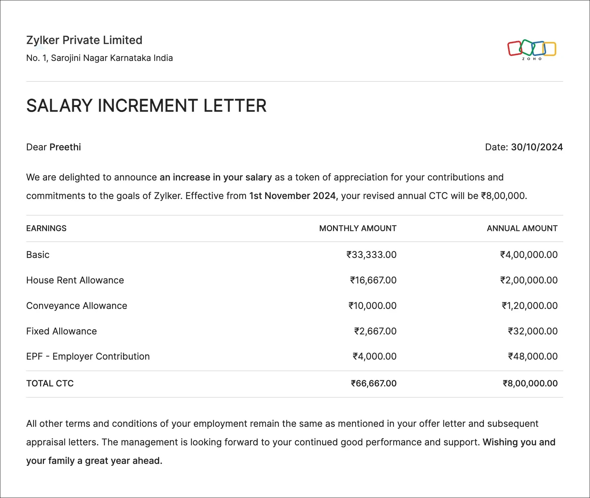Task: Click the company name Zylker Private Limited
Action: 84,40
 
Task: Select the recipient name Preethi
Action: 65,147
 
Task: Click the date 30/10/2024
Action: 537,147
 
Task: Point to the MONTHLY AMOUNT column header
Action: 358,228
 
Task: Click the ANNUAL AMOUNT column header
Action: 522,228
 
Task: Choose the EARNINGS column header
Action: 46,228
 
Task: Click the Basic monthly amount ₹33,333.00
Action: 371,255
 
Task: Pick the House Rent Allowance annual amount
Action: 529,280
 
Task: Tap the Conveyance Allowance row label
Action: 77,306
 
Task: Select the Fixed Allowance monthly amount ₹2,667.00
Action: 375,331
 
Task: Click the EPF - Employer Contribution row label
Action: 88,356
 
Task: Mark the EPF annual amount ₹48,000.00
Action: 533,356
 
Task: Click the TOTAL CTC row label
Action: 50,383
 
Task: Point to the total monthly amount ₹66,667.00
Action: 374,383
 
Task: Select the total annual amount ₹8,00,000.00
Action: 530,383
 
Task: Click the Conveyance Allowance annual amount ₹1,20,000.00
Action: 530,306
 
